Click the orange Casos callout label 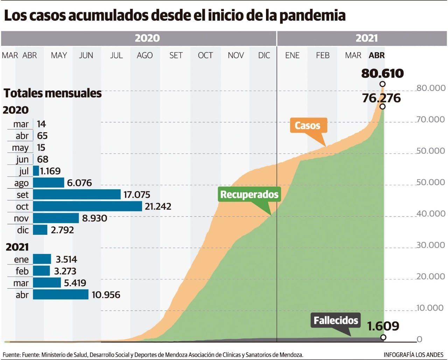[x=308, y=126]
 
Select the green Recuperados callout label [x=249, y=194]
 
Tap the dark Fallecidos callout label [x=335, y=320]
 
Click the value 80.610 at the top [x=382, y=73]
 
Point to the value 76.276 [x=381, y=98]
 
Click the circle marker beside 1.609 [x=383, y=337]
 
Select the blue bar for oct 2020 [x=87, y=206]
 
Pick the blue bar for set [x=77, y=195]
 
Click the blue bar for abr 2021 [x=61, y=295]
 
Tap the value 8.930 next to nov [x=94, y=218]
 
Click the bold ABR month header [x=377, y=55]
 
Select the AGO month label [x=145, y=55]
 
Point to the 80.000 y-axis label [x=430, y=88]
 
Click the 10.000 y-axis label [x=430, y=308]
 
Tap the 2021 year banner [x=366, y=38]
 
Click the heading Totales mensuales [x=52, y=93]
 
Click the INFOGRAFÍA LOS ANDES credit [x=413, y=355]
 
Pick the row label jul [x=24, y=171]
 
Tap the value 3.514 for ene [x=66, y=259]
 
